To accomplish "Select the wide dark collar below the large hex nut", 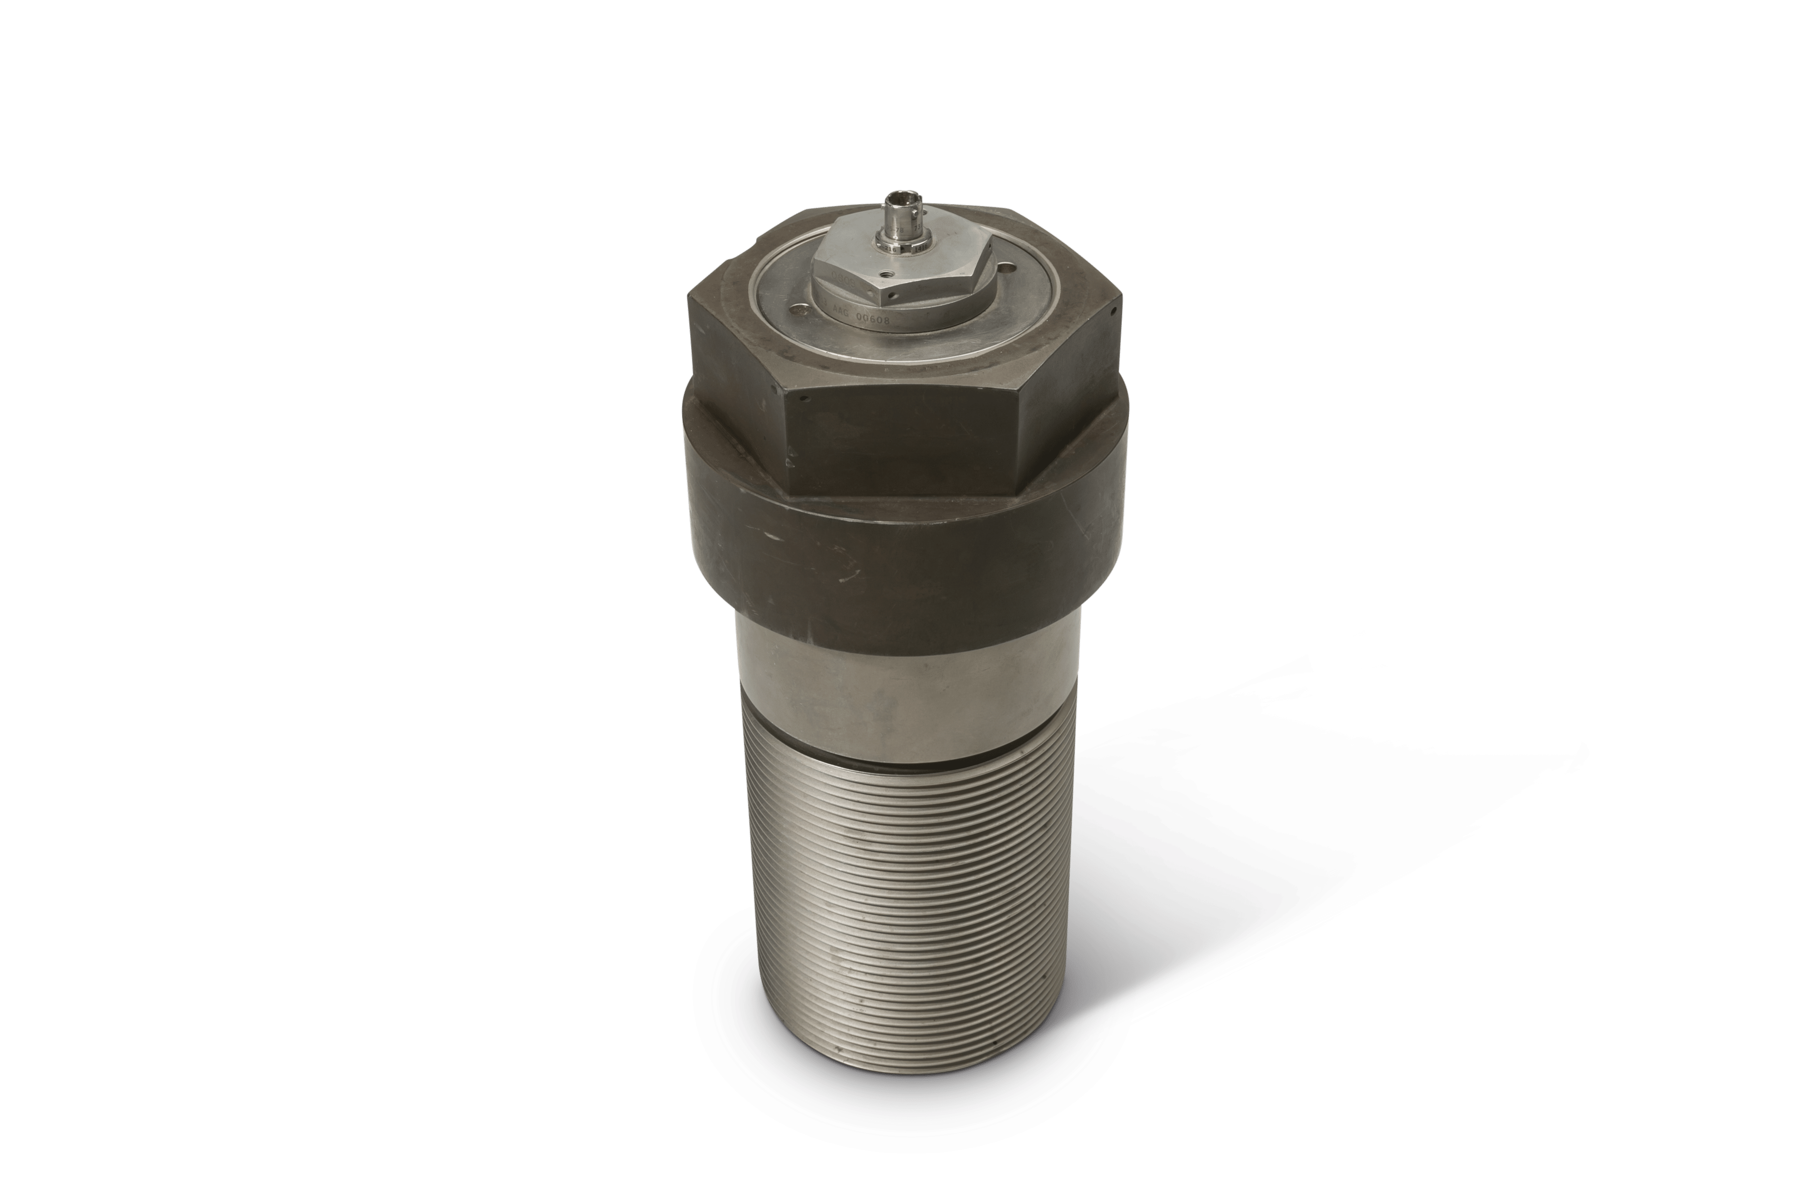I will click(x=904, y=559).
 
